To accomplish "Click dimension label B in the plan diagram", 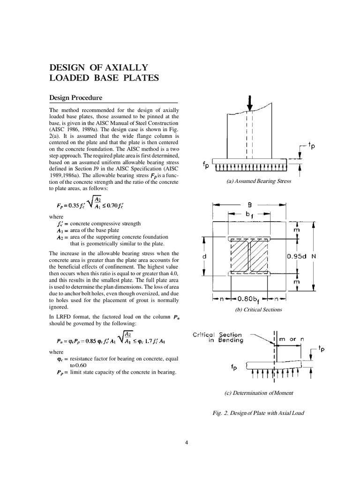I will [249, 205].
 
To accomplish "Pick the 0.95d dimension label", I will [296, 256].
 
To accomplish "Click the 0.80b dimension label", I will [247, 298].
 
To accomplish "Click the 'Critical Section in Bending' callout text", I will [218, 337].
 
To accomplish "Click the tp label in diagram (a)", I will [310, 146].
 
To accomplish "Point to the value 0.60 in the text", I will [76, 365].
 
